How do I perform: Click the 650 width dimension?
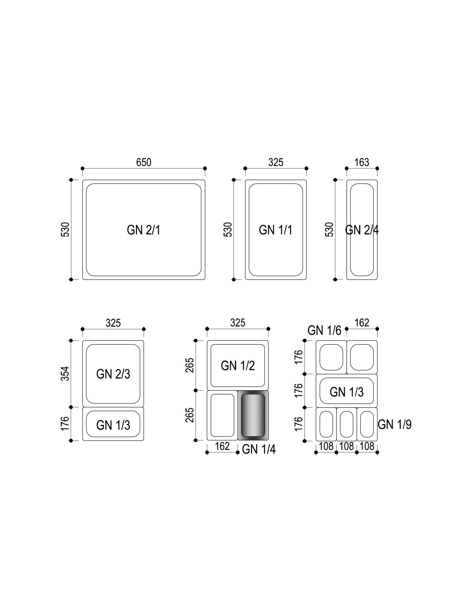pyautogui.click(x=144, y=162)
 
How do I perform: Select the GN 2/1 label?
pyautogui.click(x=144, y=230)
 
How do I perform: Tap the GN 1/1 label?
pyautogui.click(x=276, y=230)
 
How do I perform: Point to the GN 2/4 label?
pyautogui.click(x=362, y=230)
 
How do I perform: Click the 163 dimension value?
pyautogui.click(x=362, y=162)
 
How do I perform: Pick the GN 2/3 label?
pyautogui.click(x=113, y=374)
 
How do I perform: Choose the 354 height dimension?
pyautogui.click(x=65, y=373)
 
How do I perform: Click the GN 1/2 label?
pyautogui.click(x=238, y=366)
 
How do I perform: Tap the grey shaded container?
pyautogui.click(x=253, y=415)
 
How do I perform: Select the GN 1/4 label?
pyautogui.click(x=258, y=449)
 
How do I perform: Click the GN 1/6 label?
pyautogui.click(x=324, y=330)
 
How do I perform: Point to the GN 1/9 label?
pyautogui.click(x=394, y=425)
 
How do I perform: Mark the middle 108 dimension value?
pyautogui.click(x=347, y=446)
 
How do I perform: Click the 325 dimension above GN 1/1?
pyautogui.click(x=276, y=162)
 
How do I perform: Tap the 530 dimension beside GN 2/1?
pyautogui.click(x=65, y=229)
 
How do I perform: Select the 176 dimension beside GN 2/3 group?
pyautogui.click(x=65, y=424)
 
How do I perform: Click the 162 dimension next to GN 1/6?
pyautogui.click(x=362, y=323)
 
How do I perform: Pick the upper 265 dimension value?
pyautogui.click(x=190, y=365)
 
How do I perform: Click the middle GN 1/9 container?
pyautogui.click(x=347, y=424)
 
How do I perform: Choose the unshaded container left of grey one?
pyautogui.click(x=222, y=415)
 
